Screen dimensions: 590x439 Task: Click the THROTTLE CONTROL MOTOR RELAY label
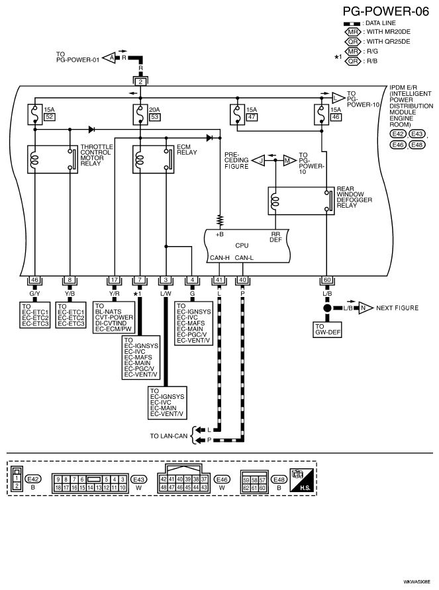coord(95,156)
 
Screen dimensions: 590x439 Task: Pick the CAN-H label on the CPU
coord(219,257)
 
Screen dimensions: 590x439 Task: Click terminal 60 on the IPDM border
coord(326,280)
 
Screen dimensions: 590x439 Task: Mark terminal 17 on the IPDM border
coord(115,280)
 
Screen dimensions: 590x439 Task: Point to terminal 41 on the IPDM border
coord(219,280)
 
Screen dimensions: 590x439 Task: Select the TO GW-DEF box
coord(326,329)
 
